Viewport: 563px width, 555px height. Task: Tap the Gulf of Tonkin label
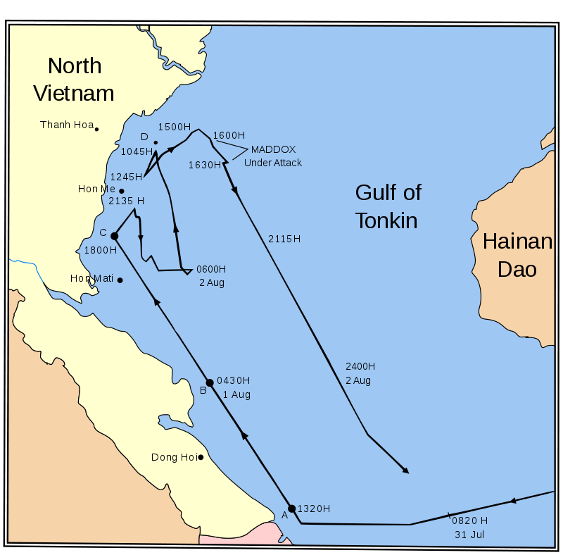(x=388, y=206)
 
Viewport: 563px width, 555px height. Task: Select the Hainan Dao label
(x=517, y=255)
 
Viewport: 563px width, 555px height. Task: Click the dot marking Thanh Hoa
(x=96, y=129)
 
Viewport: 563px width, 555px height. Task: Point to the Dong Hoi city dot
(x=201, y=457)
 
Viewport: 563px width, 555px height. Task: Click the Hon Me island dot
(x=121, y=191)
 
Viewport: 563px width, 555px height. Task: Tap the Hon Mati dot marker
(x=120, y=280)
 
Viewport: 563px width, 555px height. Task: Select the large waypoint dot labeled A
(x=292, y=509)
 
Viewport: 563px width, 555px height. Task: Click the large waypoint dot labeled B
(x=210, y=383)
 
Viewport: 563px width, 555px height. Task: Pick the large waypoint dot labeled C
(x=114, y=236)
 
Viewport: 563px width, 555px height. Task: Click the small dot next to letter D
(x=156, y=143)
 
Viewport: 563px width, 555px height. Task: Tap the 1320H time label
(x=314, y=509)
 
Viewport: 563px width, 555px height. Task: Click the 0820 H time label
(x=469, y=520)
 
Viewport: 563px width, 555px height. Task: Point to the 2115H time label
(x=284, y=239)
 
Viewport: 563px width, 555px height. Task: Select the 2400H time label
(x=360, y=366)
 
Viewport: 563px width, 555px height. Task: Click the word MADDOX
(x=273, y=149)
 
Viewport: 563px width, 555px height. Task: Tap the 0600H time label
(x=211, y=269)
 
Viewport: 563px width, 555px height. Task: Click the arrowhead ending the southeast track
(x=405, y=470)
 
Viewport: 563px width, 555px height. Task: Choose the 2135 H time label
(x=127, y=201)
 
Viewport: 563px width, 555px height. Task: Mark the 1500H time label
(x=174, y=127)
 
